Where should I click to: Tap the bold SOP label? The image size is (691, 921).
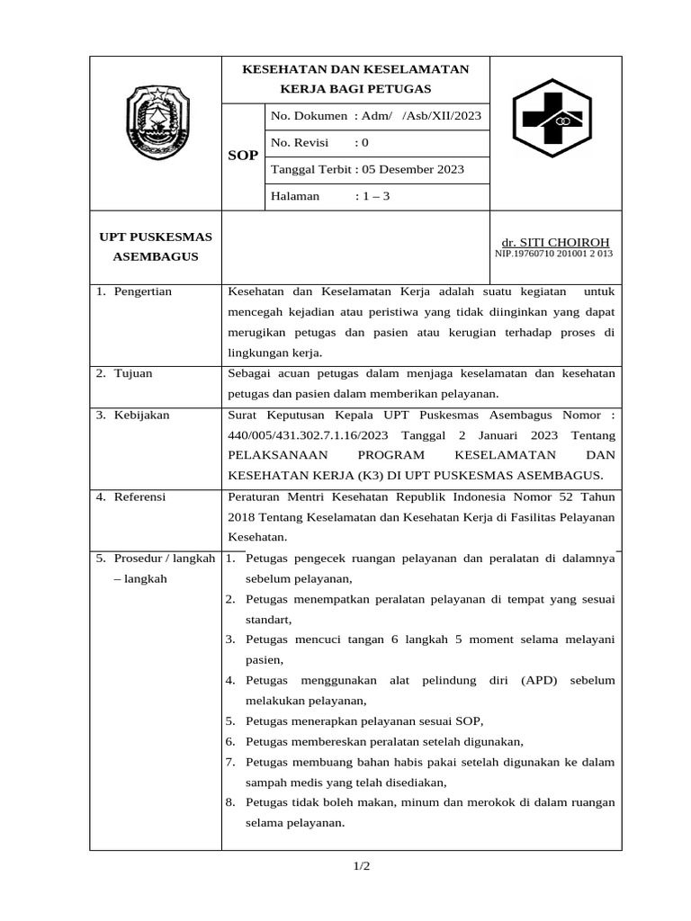pyautogui.click(x=242, y=156)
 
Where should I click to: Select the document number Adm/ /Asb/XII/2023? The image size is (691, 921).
pyautogui.click(x=418, y=116)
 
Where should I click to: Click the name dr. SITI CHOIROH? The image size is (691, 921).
pyautogui.click(x=555, y=242)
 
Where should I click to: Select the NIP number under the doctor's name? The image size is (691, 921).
pyautogui.click(x=553, y=254)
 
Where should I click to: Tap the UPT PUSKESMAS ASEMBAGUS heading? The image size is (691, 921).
pyautogui.click(x=155, y=246)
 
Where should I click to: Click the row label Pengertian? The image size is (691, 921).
pyautogui.click(x=142, y=291)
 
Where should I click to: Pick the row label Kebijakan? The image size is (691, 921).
pyautogui.click(x=141, y=415)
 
